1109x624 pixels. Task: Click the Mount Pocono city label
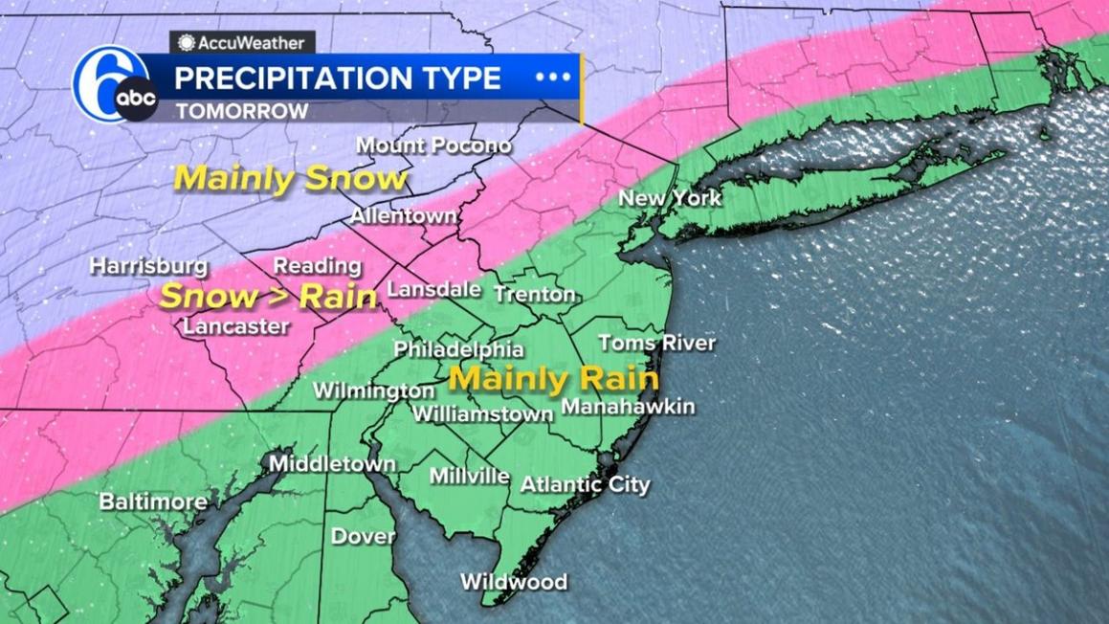point(433,145)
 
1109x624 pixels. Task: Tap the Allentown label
point(403,216)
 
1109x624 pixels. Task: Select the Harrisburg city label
point(148,266)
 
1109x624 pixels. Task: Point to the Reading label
point(318,266)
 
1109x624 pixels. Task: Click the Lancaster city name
point(235,326)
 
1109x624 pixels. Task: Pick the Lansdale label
point(432,288)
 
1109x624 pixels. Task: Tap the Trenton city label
point(534,295)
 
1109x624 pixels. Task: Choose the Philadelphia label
point(458,349)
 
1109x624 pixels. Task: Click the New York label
point(670,198)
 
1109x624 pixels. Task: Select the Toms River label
point(656,343)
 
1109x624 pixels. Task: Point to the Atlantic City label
point(585,484)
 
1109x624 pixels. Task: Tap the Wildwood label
point(514,582)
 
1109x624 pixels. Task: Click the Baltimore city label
point(153,501)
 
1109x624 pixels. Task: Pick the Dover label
point(364,536)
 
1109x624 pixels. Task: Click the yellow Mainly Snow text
point(291,179)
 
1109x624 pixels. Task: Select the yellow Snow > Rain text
point(268,297)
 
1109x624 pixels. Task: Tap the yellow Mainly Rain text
point(554,379)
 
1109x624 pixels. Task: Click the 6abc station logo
point(115,86)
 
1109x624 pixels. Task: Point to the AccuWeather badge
point(242,42)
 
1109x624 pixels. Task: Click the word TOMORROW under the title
point(241,111)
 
